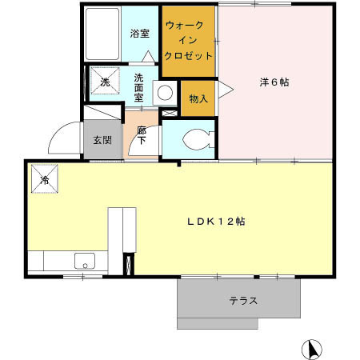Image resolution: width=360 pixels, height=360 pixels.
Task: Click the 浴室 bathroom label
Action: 141,34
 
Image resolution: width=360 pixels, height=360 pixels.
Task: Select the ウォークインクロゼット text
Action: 189,41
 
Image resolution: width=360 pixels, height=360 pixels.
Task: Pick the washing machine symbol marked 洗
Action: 104,80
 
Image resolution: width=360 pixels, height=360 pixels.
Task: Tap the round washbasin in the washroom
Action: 165,92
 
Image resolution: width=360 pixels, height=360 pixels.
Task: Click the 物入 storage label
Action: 198,98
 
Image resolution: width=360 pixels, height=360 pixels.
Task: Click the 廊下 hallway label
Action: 142,135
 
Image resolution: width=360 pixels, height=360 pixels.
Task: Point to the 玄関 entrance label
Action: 102,141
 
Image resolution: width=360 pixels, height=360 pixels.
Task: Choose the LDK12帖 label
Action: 216,222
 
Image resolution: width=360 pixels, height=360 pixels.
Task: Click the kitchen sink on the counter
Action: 83,260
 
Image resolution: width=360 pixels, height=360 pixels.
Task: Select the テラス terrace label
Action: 242,301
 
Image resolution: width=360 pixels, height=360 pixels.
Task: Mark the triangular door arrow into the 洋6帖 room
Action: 225,88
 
